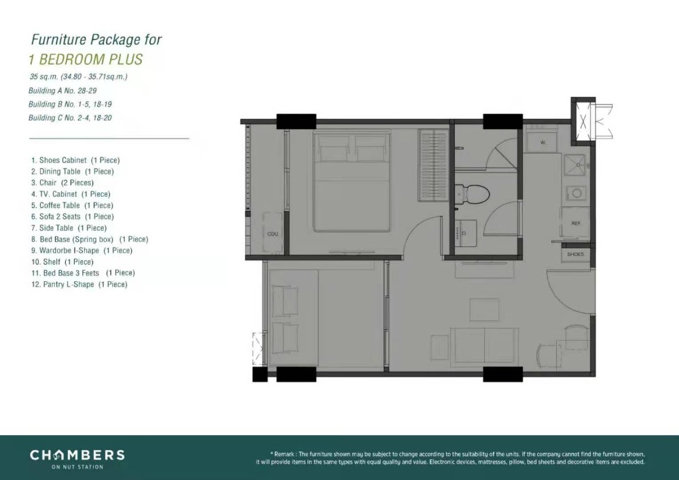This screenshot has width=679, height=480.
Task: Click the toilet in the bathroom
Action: pyautogui.click(x=472, y=193)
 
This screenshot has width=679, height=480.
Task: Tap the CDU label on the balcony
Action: pyautogui.click(x=273, y=234)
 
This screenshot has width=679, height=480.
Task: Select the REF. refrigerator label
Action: pyautogui.click(x=576, y=223)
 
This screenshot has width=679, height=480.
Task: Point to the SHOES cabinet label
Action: pyautogui.click(x=576, y=254)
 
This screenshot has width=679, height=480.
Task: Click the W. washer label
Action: pyautogui.click(x=543, y=142)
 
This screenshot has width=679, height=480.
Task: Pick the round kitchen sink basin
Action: pyautogui.click(x=576, y=193)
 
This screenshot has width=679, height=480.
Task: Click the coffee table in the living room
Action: pyautogui.click(x=484, y=310)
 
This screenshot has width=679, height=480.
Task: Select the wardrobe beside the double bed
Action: pyautogui.click(x=433, y=165)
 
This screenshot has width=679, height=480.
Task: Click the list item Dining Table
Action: pyautogui.click(x=73, y=171)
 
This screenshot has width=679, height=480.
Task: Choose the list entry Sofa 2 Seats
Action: pyautogui.click(x=73, y=217)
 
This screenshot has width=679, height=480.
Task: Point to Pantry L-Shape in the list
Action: pyautogui.click(x=79, y=284)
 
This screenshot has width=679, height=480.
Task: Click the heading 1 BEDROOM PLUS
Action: pyautogui.click(x=86, y=59)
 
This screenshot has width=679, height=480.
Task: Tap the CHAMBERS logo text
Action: pyautogui.click(x=77, y=455)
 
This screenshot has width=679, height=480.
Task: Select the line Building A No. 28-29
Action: pyautogui.click(x=62, y=91)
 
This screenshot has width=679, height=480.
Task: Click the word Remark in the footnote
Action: pyautogui.click(x=285, y=454)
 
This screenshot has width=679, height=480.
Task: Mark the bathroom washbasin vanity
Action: pyautogui.click(x=466, y=234)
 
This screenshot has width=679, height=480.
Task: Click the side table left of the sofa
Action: pyautogui.click(x=439, y=348)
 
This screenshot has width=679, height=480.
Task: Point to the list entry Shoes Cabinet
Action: pyautogui.click(x=75, y=160)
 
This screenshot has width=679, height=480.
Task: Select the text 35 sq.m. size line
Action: pyautogui.click(x=78, y=77)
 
